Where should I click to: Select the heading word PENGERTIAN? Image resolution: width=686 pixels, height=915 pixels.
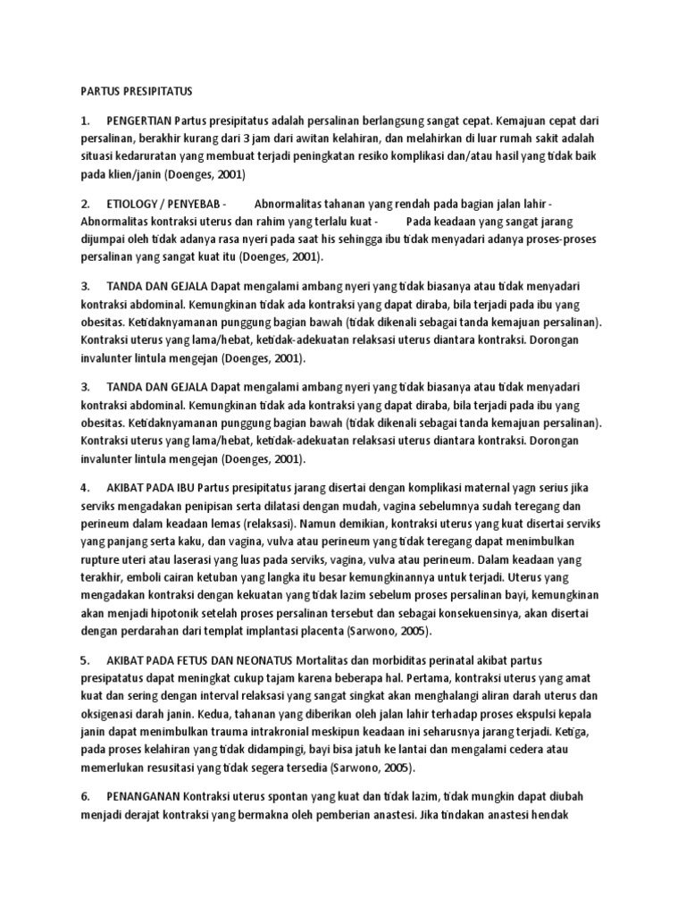point(139,121)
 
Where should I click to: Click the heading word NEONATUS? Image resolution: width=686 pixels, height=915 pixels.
point(263,659)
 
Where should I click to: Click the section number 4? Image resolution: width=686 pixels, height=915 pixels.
point(85,488)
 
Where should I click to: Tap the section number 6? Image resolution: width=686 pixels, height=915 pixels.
point(85,795)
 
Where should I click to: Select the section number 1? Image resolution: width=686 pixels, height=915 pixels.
point(85,121)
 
